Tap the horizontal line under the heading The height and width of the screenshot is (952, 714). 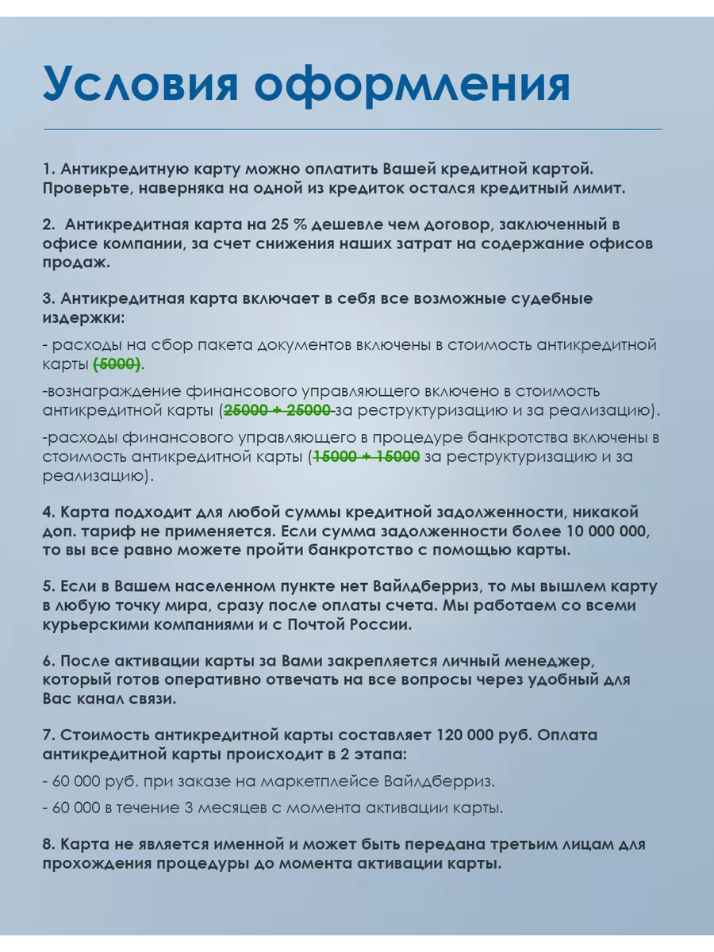pos(352,129)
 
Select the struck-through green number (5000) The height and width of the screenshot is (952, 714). pos(117,364)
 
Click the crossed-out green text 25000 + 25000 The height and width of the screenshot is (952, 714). pos(278,410)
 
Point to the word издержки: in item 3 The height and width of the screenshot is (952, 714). pos(85,317)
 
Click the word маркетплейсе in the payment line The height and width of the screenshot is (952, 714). pos(304,781)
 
